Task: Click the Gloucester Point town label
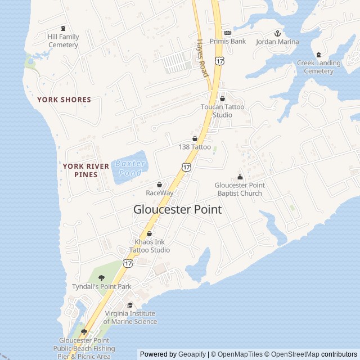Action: tap(177, 209)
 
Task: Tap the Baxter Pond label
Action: tap(130, 168)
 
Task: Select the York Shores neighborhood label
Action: tap(64, 100)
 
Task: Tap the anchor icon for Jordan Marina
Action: tap(277, 34)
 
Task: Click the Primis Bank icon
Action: tap(227, 33)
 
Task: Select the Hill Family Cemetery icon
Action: tap(63, 29)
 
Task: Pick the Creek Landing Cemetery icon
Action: tap(318, 55)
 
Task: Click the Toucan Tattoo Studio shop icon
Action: tap(222, 98)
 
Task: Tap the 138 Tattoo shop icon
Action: tap(195, 138)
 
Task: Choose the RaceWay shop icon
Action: tap(159, 184)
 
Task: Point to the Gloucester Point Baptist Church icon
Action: tap(240, 177)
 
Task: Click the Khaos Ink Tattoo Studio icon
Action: tap(149, 233)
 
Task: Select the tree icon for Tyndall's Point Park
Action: tap(101, 278)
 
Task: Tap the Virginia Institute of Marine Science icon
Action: tap(130, 305)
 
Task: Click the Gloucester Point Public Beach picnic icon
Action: tap(84, 332)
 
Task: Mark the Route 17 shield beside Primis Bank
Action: tap(218, 60)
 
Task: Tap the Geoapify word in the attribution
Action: tap(192, 354)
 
